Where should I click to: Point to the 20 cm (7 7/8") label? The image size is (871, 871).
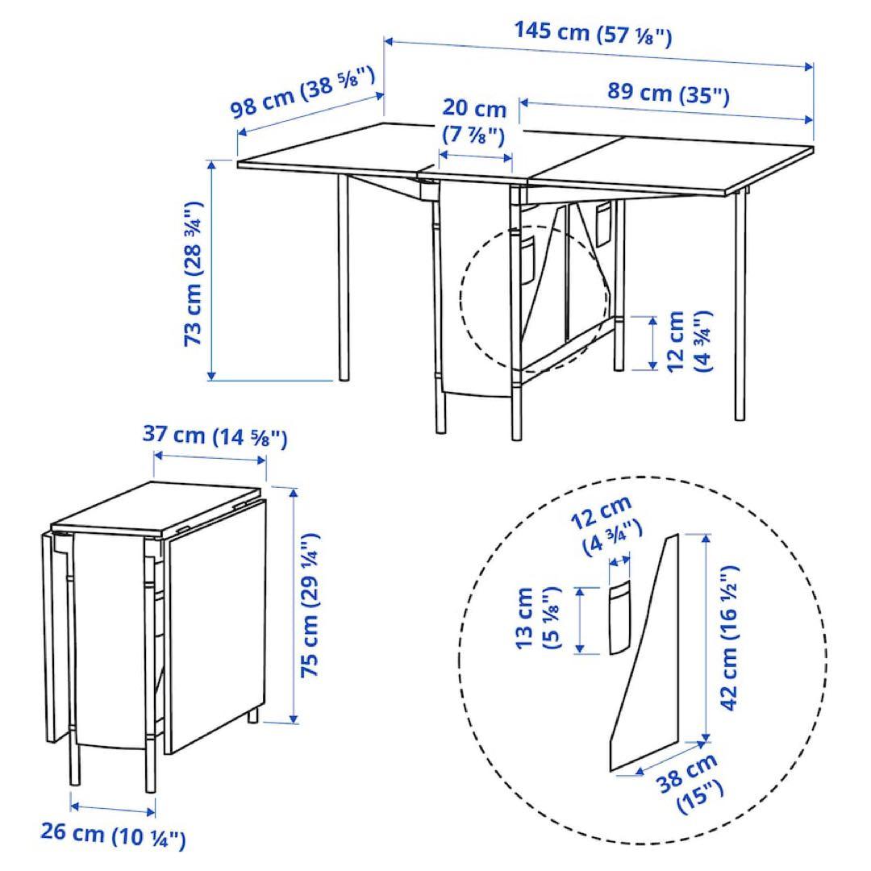pos(474,120)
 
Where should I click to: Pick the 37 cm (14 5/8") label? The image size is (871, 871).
pos(215,436)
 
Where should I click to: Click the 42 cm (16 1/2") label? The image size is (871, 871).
pos(730,637)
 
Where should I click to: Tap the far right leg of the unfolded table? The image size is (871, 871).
pos(740,306)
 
